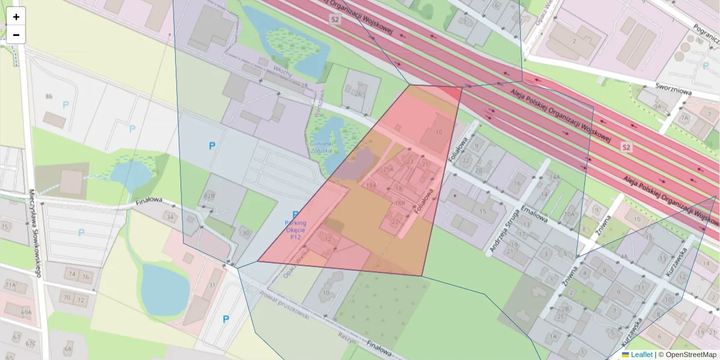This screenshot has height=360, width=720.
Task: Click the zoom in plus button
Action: coord(16,17)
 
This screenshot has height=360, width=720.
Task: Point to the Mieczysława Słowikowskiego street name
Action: coord(34,233)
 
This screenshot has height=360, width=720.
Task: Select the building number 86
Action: coord(49,97)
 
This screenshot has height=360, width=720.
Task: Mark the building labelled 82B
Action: coord(209,196)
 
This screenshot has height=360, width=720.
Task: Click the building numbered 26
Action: coord(359,94)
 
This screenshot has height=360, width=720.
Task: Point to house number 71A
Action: coord(10,285)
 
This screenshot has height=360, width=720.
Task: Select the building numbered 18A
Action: coord(371,185)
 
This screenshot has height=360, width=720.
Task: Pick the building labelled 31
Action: coord(213,285)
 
